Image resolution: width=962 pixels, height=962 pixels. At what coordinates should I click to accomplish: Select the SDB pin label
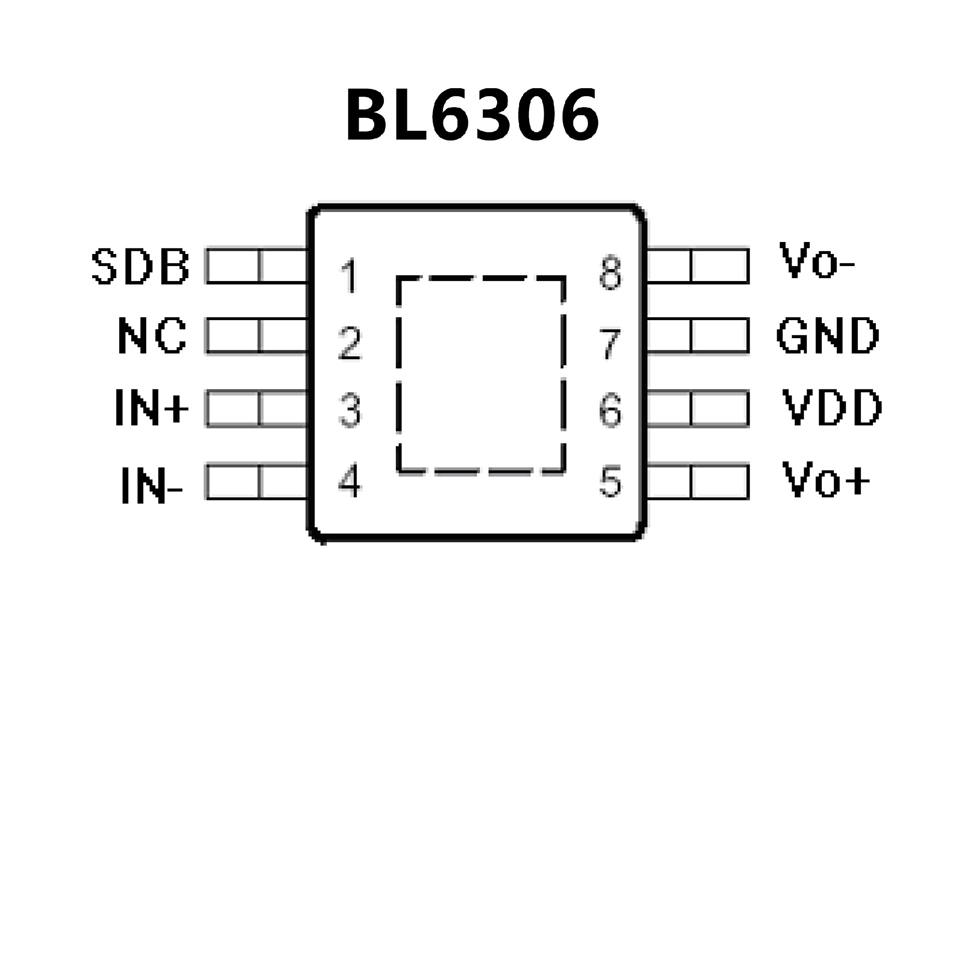140,267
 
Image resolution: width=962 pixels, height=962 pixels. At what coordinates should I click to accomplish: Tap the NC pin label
152,336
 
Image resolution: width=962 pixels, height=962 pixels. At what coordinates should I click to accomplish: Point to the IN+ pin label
152,408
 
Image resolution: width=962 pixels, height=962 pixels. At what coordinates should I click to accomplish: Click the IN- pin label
152,484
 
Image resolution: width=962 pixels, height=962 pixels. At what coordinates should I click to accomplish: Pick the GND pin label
828,336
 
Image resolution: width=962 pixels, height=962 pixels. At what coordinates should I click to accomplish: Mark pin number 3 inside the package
350,411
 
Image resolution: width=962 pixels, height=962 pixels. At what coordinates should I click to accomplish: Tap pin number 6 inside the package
610,411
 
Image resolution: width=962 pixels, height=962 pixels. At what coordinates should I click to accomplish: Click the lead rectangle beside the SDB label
257,266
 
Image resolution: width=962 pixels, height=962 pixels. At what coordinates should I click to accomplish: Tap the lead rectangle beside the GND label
698,336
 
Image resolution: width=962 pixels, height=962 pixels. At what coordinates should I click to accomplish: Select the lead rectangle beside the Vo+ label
698,482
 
